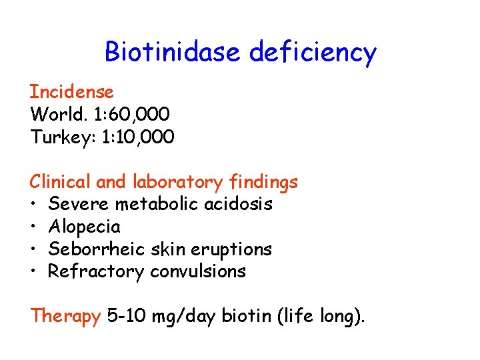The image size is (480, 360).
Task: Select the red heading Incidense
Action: click(72, 91)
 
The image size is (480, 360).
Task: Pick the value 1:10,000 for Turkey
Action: click(138, 137)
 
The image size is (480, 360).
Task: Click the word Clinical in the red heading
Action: click(61, 181)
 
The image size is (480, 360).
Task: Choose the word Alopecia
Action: click(85, 227)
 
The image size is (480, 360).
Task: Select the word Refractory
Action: click(96, 271)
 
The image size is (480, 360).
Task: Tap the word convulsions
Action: click(198, 271)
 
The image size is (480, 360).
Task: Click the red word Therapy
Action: click(65, 316)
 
